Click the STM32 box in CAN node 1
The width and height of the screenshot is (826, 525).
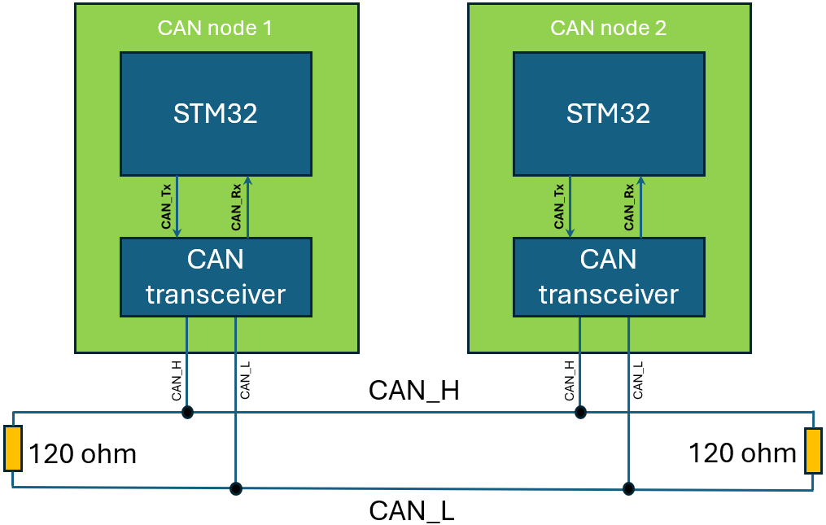[x=216, y=113]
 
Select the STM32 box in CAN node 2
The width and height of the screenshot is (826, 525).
[x=609, y=113]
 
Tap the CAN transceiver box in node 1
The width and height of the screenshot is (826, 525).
[x=216, y=277]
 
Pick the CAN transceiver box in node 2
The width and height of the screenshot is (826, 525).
[x=609, y=277]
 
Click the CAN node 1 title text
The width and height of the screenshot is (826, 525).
[x=215, y=28]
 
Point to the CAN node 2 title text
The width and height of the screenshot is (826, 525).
[x=609, y=28]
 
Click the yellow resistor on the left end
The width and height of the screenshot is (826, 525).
[x=12, y=448]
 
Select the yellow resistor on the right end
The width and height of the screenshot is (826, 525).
[x=813, y=451]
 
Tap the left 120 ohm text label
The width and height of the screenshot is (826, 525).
[x=83, y=454]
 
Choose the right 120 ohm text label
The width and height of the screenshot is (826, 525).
[x=742, y=453]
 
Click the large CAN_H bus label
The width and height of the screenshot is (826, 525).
[x=413, y=391]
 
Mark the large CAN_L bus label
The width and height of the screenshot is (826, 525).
[x=412, y=511]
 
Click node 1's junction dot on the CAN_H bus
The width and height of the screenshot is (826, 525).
[x=187, y=412]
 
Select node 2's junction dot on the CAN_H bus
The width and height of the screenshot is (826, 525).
[x=580, y=412]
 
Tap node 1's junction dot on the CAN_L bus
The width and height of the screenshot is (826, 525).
[x=235, y=488]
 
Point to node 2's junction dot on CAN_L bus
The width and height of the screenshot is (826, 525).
[x=628, y=488]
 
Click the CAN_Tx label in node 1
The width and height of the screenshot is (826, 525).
[x=167, y=207]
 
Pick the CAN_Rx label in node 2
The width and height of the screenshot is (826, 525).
[x=629, y=207]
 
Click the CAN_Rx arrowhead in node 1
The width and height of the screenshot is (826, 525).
[x=247, y=181]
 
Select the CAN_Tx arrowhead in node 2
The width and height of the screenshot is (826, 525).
[x=570, y=232]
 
